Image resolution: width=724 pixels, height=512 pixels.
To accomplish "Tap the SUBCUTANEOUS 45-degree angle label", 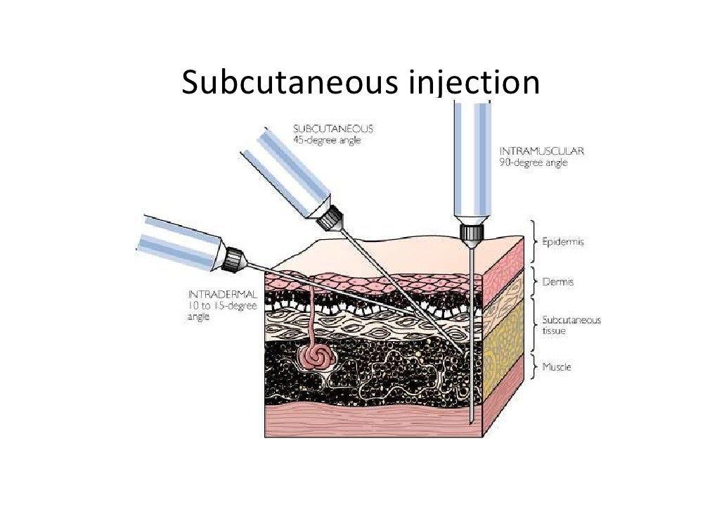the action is tap(332, 134).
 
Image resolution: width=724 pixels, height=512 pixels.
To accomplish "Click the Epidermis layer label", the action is tap(563, 241).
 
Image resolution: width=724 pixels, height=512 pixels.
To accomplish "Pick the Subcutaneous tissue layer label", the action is tap(571, 325).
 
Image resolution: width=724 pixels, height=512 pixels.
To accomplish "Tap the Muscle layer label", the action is tap(557, 366).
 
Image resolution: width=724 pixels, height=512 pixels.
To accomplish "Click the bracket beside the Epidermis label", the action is tap(532, 241).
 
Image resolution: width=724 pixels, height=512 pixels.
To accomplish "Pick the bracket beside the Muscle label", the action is tap(532, 366).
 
